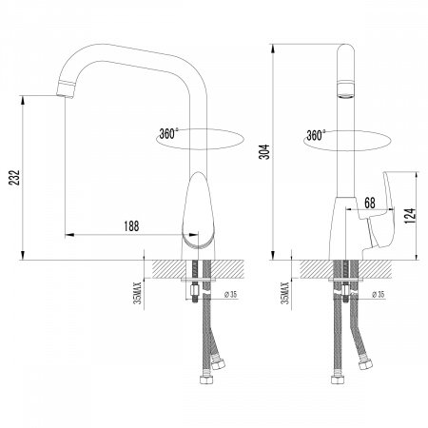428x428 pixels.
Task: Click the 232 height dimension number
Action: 15,178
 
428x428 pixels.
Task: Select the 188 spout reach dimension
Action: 131,226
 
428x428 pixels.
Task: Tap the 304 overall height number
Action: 264,151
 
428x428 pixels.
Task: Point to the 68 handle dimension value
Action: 370,203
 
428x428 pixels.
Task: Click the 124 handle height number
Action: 410,216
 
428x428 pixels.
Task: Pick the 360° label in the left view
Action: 168,134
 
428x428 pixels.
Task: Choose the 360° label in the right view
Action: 316,135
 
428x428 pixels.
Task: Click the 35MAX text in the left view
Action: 138,293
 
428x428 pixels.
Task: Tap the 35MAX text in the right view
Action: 285,293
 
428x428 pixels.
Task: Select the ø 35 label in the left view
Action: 231,295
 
